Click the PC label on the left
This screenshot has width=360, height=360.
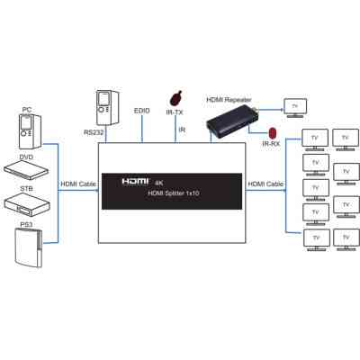point(26,110)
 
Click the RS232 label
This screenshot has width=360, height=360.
point(94,132)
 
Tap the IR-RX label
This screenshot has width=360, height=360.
point(270,143)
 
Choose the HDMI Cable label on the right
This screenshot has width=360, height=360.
point(265,184)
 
